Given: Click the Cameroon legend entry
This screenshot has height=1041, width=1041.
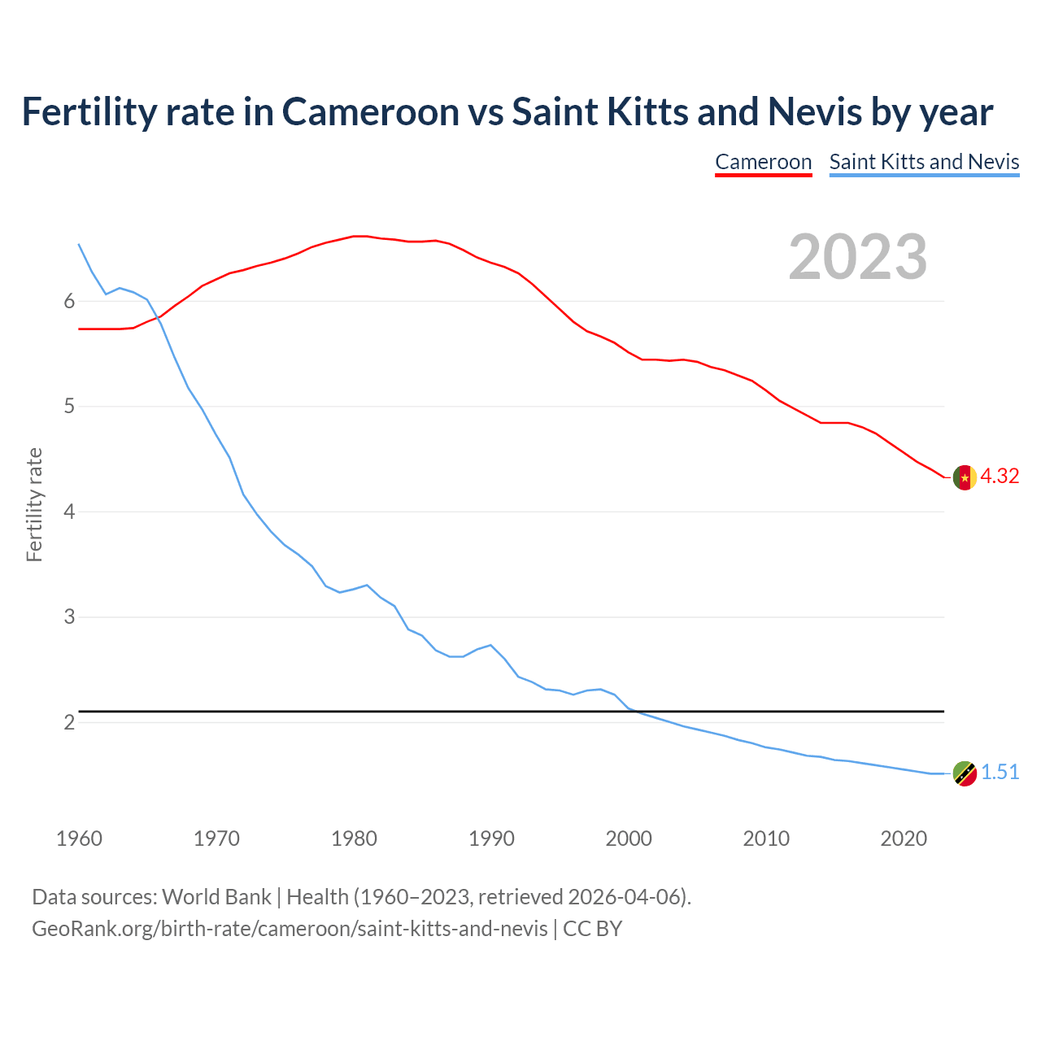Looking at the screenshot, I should point(763,162).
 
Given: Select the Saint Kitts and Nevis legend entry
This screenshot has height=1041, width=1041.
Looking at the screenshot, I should point(924,162).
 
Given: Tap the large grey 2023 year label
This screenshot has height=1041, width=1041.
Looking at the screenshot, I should point(857,257).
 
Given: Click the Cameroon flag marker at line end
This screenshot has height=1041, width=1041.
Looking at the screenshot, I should point(965,477).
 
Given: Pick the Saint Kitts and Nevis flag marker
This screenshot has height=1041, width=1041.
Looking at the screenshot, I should point(965,773).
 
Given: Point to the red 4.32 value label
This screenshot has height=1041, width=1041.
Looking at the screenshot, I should point(1000,477).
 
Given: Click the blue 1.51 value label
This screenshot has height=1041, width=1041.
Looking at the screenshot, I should point(1000,773).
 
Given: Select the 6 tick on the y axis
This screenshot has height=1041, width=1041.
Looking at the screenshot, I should point(69,302).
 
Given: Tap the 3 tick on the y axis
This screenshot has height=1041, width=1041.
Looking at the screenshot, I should point(69,617).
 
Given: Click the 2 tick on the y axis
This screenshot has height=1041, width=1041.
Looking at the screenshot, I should point(69,722).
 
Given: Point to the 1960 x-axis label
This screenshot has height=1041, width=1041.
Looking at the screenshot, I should point(79,838).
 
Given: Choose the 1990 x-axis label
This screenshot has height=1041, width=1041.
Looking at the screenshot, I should point(491,838).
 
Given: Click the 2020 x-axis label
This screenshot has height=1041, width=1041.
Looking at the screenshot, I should point(904,838).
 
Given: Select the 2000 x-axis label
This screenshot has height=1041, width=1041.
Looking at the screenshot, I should point(629,838).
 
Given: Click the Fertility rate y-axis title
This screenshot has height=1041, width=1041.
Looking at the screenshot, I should point(34,504).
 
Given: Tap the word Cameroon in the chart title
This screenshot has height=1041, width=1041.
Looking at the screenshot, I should point(370,112).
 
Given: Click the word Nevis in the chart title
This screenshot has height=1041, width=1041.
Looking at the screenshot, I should point(815,112).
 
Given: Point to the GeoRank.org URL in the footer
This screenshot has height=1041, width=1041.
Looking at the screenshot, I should point(290,929).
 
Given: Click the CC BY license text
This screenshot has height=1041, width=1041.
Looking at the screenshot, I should point(593,929).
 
